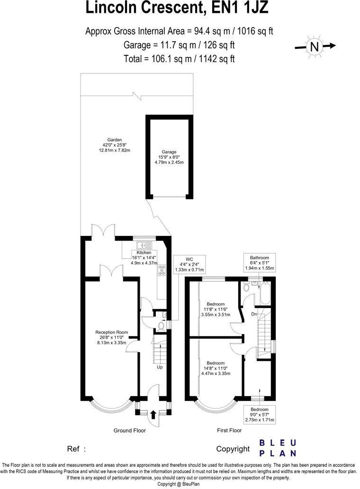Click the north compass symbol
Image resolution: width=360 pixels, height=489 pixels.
pyautogui.click(x=315, y=46)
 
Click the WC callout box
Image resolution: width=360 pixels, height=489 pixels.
pyautogui.click(x=189, y=263)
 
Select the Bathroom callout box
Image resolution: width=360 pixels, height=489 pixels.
pyautogui.click(x=260, y=263)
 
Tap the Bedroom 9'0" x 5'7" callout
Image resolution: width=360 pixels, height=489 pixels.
pyautogui.click(x=259, y=415)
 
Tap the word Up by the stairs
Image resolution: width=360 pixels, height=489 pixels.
pyautogui.click(x=160, y=367)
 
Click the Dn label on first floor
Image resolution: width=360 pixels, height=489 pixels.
pyautogui.click(x=254, y=314)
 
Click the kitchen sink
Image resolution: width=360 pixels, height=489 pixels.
pyautogui.click(x=142, y=245)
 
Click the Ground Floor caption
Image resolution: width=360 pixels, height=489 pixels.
pyautogui.click(x=129, y=431)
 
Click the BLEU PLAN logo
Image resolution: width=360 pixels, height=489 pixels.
pyautogui.click(x=278, y=448)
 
